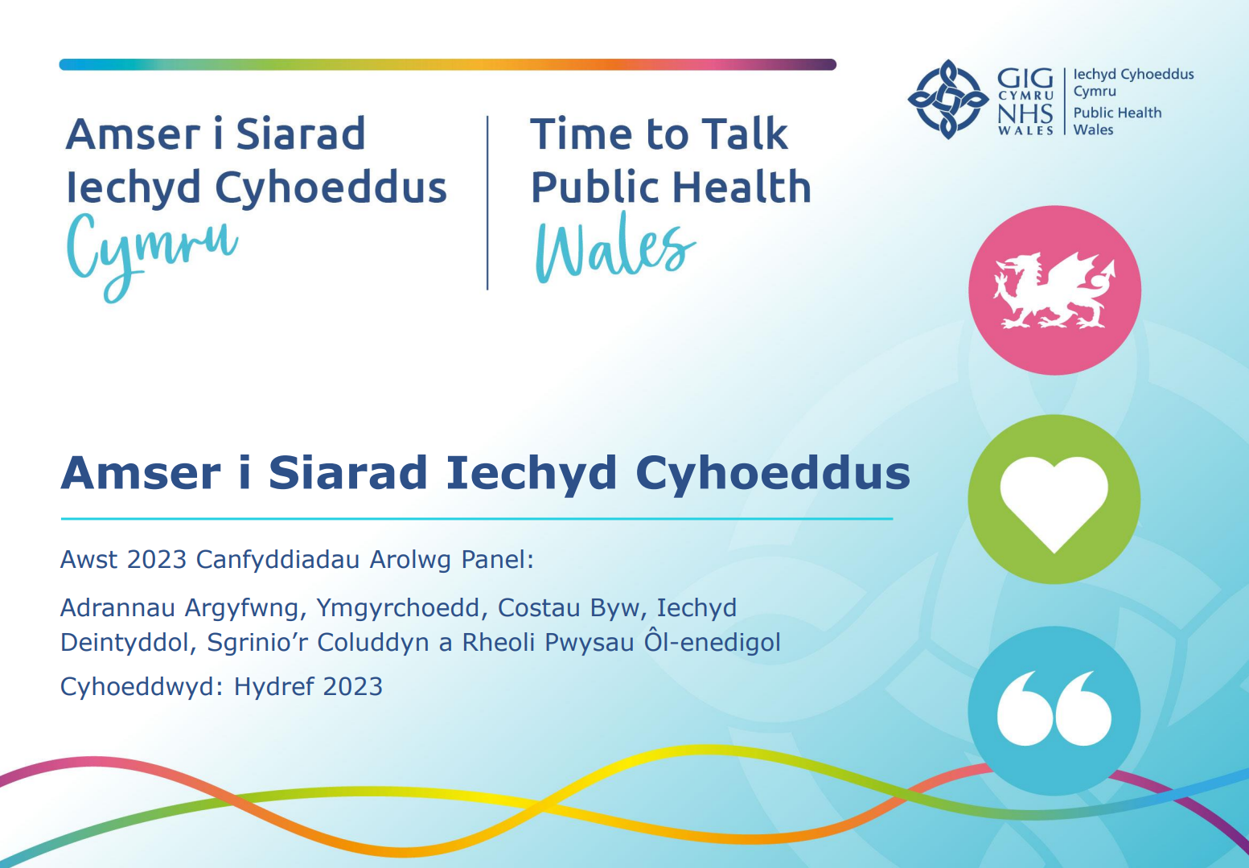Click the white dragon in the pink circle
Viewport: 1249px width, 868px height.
coord(1054,290)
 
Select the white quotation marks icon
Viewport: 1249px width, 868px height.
coord(1054,708)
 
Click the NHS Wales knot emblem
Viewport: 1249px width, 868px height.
coord(948,99)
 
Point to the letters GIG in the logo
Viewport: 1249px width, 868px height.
coord(1025,79)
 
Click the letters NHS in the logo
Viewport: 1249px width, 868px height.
coord(1025,113)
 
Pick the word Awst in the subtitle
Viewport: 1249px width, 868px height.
coord(89,560)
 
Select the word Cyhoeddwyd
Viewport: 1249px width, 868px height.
coord(142,687)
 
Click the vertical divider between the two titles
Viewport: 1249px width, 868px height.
coord(487,203)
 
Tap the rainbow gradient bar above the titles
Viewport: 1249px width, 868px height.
coord(448,64)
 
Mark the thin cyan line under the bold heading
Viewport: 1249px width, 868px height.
coord(477,519)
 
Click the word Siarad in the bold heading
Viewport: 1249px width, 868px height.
coord(347,473)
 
